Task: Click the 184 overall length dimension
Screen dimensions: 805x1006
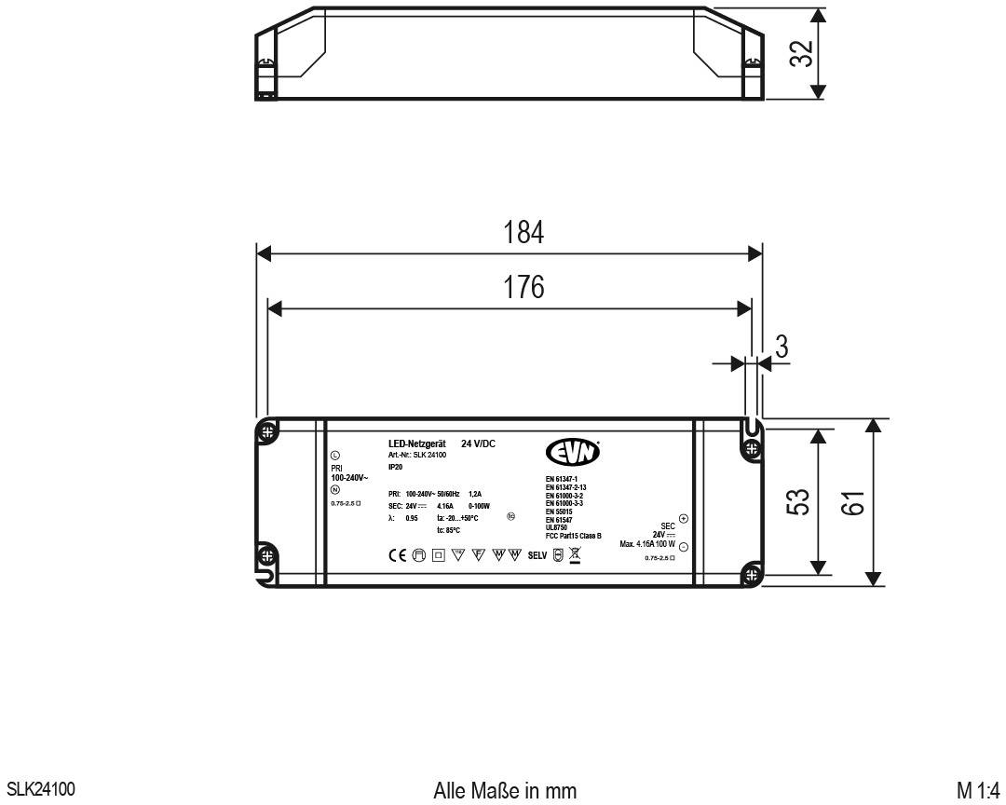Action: [x=523, y=233]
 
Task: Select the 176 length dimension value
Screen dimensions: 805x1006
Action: [x=523, y=287]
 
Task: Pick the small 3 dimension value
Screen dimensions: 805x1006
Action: [x=782, y=348]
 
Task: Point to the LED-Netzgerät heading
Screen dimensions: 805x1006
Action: [x=418, y=443]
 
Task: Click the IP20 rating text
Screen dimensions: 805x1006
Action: [x=396, y=466]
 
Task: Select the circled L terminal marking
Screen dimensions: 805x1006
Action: [x=335, y=455]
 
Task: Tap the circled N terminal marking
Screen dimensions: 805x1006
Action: [x=335, y=490]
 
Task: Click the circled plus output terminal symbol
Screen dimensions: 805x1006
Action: [x=683, y=518]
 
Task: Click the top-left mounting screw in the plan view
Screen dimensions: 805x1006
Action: [x=268, y=432]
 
